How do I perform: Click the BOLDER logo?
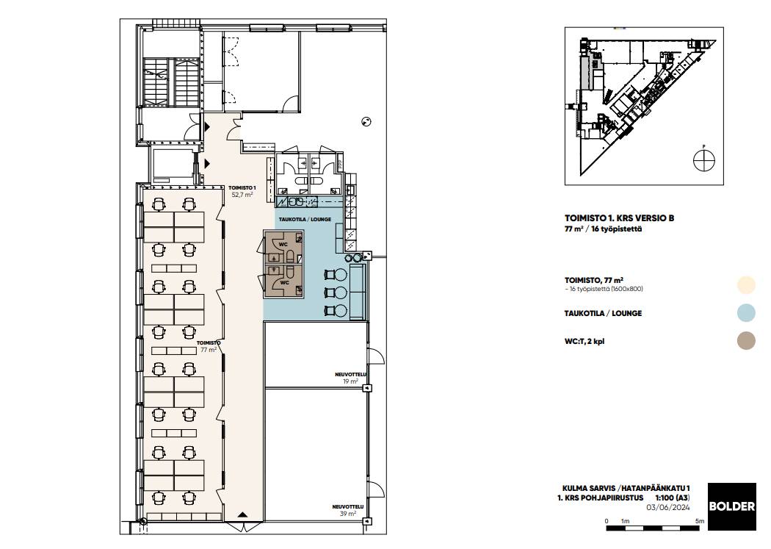[x=731, y=506]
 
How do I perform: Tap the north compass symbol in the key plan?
[x=704, y=159]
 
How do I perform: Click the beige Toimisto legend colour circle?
[x=747, y=285]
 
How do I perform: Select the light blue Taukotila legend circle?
[x=747, y=313]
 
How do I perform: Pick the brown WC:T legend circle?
[x=747, y=341]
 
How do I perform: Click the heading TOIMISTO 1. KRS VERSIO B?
[x=619, y=218]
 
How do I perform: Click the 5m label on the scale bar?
[x=700, y=521]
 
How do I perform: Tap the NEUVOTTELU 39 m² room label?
[x=348, y=510]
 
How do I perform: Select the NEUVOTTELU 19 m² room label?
[x=350, y=378]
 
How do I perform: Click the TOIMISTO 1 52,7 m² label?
[x=242, y=191]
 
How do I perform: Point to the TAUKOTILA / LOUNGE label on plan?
[x=305, y=220]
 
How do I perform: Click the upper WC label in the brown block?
[x=283, y=244]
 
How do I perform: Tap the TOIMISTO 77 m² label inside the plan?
[x=209, y=346]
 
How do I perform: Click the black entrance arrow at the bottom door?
[x=242, y=514]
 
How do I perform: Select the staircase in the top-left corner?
[x=171, y=82]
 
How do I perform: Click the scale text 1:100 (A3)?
[x=673, y=498]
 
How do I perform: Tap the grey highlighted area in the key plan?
[x=586, y=72]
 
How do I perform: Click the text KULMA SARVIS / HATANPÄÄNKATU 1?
[x=626, y=489]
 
